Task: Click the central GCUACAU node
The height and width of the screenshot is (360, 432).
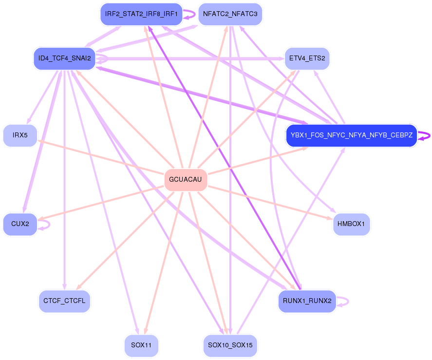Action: pyautogui.click(x=185, y=179)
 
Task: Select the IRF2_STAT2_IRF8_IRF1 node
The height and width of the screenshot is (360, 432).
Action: pyautogui.click(x=141, y=14)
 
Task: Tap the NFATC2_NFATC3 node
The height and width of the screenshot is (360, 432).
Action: pyautogui.click(x=230, y=14)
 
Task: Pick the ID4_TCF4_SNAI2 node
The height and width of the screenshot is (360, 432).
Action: pyautogui.click(x=64, y=58)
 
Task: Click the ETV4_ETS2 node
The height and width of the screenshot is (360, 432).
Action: pyautogui.click(x=307, y=58)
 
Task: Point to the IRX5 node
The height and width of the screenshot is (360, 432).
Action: pyautogui.click(x=20, y=135)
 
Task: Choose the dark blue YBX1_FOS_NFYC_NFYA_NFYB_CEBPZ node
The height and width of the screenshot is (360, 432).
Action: pyautogui.click(x=351, y=135)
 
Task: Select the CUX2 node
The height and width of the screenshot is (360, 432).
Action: pyautogui.click(x=20, y=224)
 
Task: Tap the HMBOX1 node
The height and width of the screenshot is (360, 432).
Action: pyautogui.click(x=351, y=224)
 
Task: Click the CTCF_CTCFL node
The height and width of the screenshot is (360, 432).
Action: pyautogui.click(x=64, y=301)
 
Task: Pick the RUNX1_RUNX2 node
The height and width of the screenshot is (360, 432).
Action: pyautogui.click(x=307, y=301)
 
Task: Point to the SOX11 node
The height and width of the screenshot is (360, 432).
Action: pyautogui.click(x=141, y=345)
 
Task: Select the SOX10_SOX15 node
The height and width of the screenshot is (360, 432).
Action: pyautogui.click(x=230, y=345)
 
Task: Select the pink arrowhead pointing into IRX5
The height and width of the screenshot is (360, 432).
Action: pyautogui.click(x=40, y=141)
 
